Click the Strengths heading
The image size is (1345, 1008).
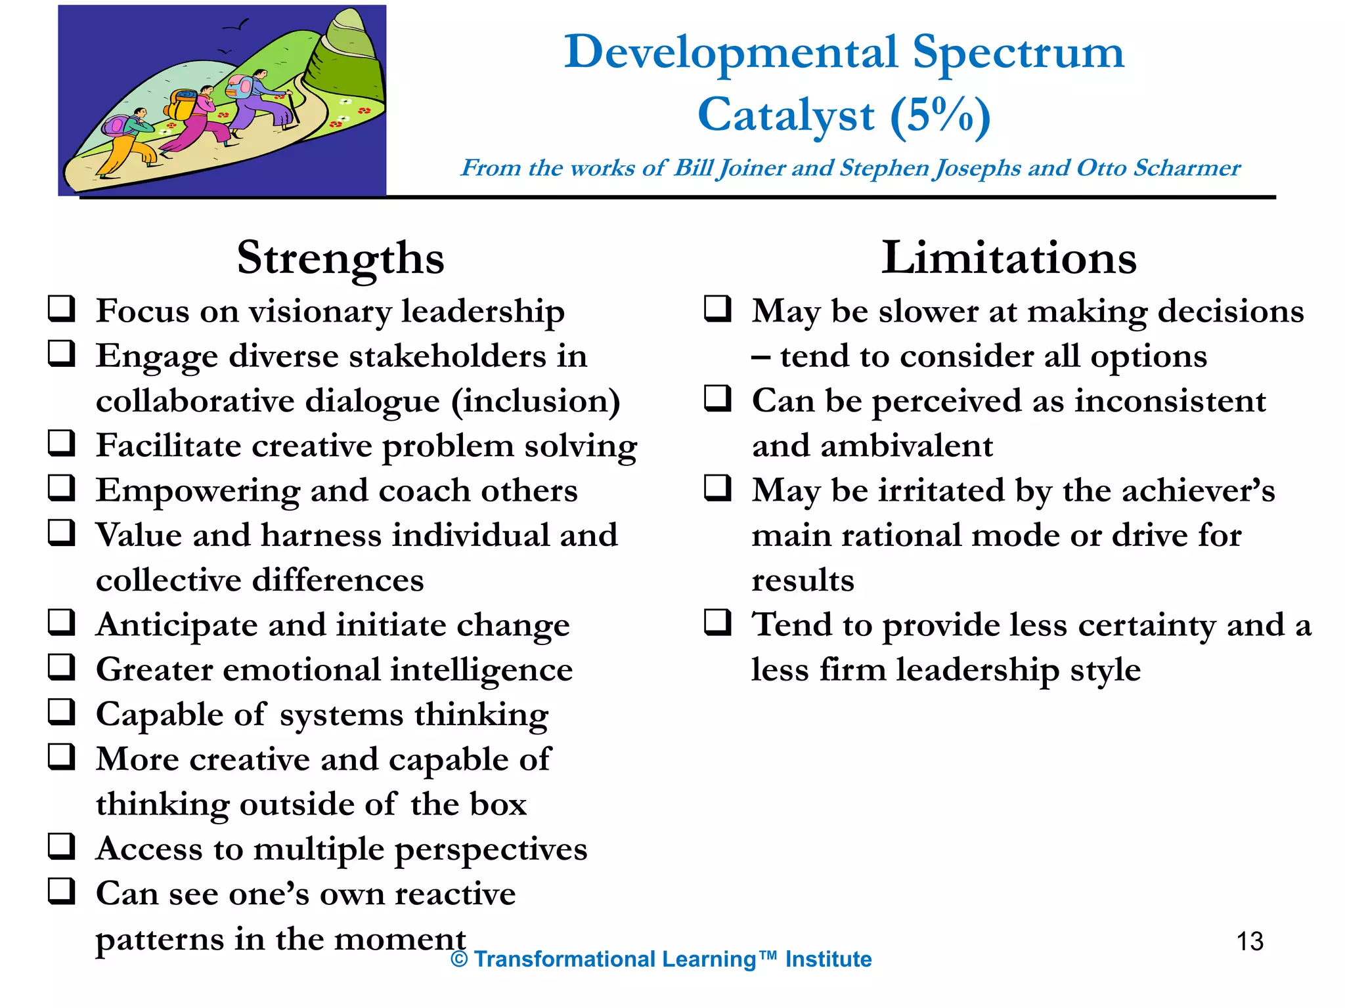coord(340,258)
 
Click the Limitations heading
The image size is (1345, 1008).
coord(1009,258)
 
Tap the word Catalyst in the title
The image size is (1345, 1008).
coord(785,115)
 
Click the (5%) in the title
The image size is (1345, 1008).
coord(940,115)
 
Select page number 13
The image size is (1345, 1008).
coord(1249,942)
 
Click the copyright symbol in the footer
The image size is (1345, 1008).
coord(459,959)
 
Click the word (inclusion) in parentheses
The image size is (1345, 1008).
coord(535,402)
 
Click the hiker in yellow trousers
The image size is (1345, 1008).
coord(128,144)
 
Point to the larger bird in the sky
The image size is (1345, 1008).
coord(238,26)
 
